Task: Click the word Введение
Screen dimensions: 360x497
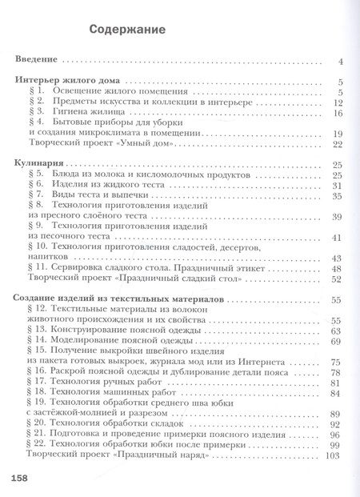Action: click(37, 61)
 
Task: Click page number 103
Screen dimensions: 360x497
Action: click(334, 455)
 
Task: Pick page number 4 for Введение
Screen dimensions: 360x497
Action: click(340, 61)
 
